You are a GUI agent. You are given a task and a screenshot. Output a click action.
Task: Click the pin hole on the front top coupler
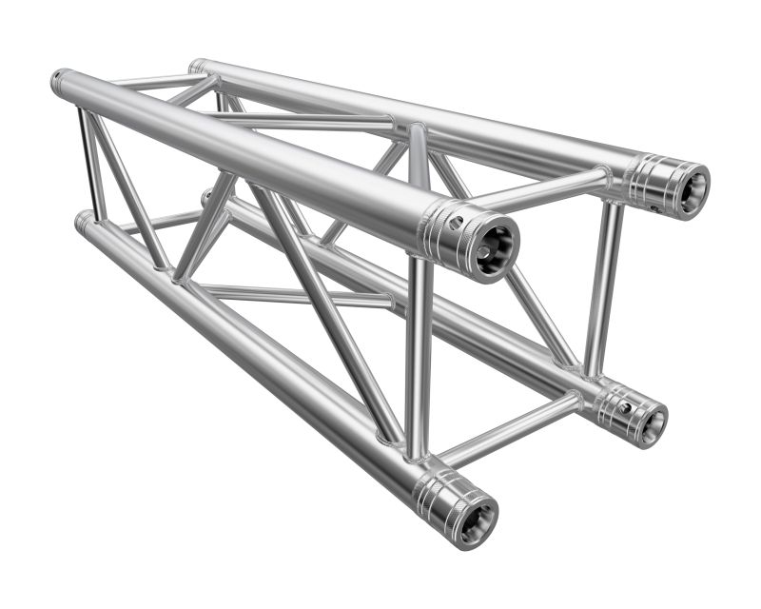(458, 225)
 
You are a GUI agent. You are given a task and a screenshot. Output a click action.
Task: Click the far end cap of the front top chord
(58, 80)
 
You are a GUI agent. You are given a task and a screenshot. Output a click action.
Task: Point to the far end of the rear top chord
(196, 66)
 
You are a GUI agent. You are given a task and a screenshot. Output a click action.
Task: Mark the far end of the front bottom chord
(82, 221)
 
